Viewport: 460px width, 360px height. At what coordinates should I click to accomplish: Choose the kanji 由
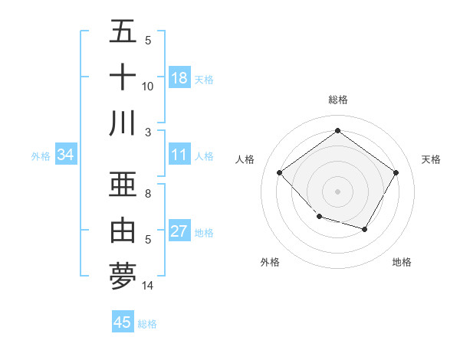(x=123, y=230)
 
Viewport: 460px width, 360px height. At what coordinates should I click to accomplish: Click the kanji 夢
(x=123, y=276)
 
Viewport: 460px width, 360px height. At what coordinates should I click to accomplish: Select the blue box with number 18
(x=179, y=78)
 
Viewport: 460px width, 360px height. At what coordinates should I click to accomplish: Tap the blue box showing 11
(x=179, y=155)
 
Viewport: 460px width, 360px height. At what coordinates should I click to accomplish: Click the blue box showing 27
(x=179, y=232)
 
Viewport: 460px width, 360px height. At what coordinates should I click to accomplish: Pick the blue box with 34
(x=66, y=155)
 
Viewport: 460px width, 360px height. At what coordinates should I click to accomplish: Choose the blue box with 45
(x=123, y=322)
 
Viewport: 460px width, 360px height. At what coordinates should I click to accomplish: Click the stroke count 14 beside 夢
(x=148, y=286)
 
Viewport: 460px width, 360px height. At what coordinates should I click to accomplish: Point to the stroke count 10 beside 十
(x=148, y=87)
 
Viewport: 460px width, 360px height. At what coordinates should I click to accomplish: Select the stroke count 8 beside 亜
(x=148, y=194)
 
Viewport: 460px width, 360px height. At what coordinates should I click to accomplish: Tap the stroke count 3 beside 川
(x=148, y=132)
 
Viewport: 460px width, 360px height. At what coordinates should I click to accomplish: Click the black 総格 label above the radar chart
(x=337, y=100)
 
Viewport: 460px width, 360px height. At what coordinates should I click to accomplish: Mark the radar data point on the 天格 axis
(x=396, y=173)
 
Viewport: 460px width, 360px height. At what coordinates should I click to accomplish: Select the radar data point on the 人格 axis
(x=280, y=173)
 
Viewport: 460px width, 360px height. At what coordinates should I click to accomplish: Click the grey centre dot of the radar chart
(x=337, y=191)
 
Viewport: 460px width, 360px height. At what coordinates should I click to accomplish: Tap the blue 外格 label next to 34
(x=41, y=155)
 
